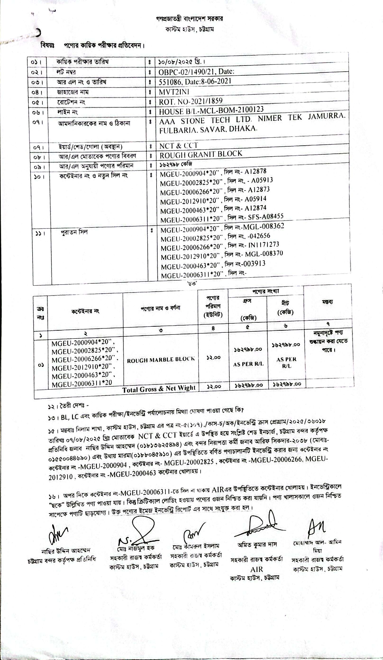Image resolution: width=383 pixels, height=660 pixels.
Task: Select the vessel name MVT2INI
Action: point(174,92)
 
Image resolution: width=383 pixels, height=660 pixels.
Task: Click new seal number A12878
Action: point(255,171)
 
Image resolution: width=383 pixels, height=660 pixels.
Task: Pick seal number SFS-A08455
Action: point(265,216)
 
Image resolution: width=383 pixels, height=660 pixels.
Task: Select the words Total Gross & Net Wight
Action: point(159,389)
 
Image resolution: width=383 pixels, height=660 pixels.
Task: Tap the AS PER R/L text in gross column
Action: point(248,364)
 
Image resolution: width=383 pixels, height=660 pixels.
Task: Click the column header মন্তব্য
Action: point(328,302)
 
